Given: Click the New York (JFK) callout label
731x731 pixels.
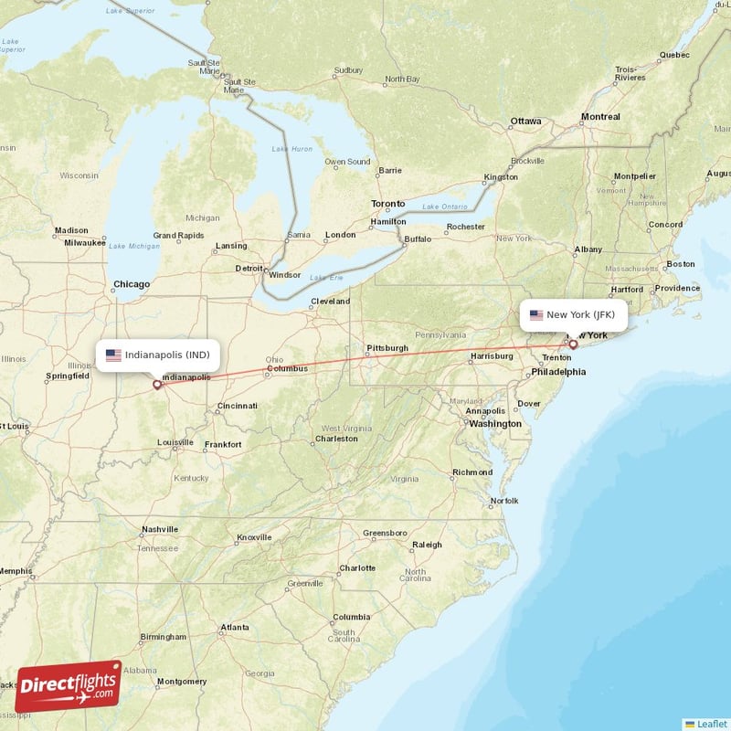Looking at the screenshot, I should [x=573, y=315].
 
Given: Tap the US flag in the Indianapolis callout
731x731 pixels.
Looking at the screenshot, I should [x=113, y=355].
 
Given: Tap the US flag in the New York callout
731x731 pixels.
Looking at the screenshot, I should [x=536, y=315].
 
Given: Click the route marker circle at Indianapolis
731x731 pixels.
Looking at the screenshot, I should [x=157, y=385].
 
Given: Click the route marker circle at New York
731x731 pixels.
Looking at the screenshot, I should [x=573, y=344].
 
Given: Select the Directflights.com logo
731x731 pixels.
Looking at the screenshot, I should [x=69, y=686].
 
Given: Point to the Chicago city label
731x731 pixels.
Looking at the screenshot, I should [x=132, y=284].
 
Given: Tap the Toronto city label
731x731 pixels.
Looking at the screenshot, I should [x=387, y=203].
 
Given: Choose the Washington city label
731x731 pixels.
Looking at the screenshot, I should [x=495, y=424].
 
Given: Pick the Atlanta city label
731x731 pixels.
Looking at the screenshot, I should [x=235, y=628].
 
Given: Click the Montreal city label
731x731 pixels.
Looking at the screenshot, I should [x=600, y=117].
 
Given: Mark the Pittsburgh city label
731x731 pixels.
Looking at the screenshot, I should [x=387, y=348].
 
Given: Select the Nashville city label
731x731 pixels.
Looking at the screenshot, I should [x=160, y=530].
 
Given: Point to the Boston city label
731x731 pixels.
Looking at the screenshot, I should [x=680, y=264].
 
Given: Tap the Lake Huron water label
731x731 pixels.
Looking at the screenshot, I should [x=291, y=148].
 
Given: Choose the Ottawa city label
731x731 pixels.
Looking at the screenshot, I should [x=525, y=121].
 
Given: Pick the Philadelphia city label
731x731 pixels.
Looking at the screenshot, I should [x=558, y=372].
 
